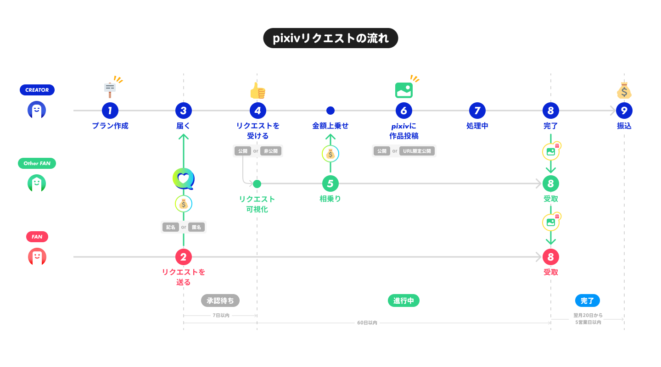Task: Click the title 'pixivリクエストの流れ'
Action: point(330,38)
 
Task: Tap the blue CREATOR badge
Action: point(37,90)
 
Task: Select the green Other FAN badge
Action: point(37,163)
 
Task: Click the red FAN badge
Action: point(37,237)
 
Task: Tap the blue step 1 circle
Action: point(110,111)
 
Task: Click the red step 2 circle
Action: point(184,257)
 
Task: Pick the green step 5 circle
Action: point(330,183)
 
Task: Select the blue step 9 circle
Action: point(624,111)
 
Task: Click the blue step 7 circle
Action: point(477,111)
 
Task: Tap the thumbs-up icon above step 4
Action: point(258,91)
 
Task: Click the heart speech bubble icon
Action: point(184,179)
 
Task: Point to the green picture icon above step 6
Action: point(404,90)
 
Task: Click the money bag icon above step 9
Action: point(624,91)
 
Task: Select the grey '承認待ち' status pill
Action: point(220,300)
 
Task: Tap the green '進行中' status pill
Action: point(404,300)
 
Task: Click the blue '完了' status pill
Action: point(588,300)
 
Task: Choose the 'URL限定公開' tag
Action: point(417,151)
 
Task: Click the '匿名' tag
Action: point(196,227)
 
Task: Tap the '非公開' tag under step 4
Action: point(270,151)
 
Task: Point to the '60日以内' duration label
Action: point(367,323)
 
